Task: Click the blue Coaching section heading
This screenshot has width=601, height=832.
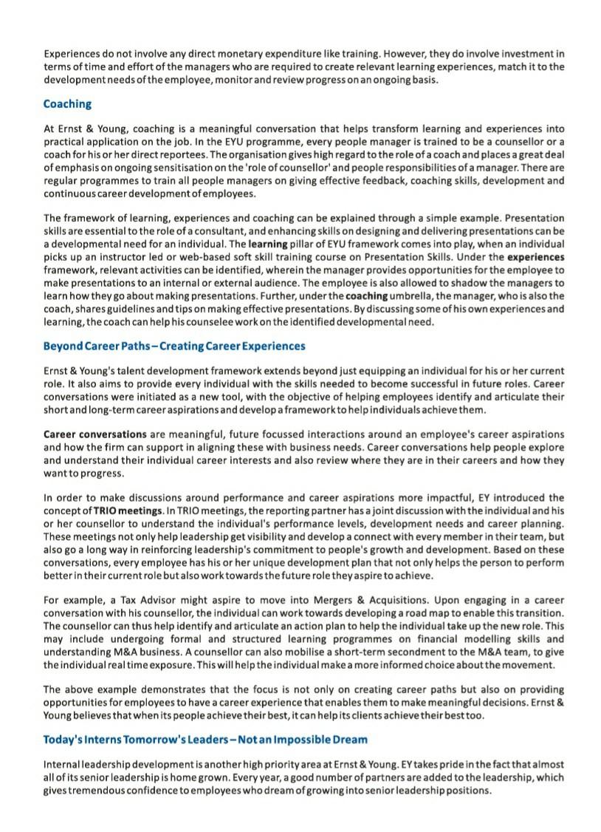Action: (67, 104)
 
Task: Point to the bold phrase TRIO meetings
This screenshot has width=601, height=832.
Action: (128, 511)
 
